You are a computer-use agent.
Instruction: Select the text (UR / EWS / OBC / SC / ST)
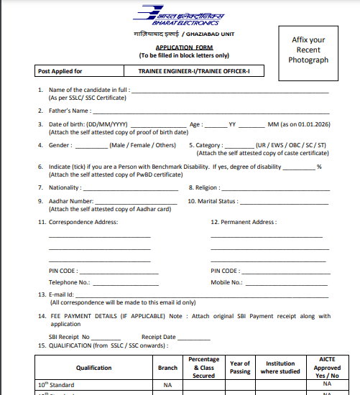(x=291, y=145)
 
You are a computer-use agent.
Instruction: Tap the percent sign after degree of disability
(x=318, y=167)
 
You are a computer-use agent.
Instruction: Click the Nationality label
(x=65, y=187)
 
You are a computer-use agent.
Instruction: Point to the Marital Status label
(x=212, y=201)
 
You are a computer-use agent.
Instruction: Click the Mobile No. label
(x=226, y=283)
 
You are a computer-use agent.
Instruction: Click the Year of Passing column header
(x=240, y=367)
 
